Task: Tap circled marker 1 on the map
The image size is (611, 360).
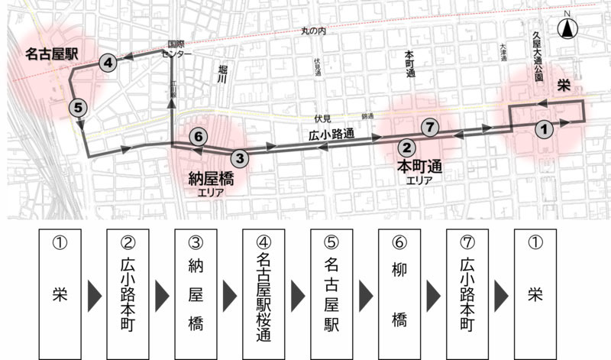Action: (543, 128)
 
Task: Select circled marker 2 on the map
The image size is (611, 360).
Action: (408, 148)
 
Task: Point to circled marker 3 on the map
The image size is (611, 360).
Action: (240, 158)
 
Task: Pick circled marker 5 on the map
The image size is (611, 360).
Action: (78, 108)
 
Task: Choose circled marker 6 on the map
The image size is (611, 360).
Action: (198, 137)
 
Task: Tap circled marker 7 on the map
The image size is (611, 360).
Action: (430, 127)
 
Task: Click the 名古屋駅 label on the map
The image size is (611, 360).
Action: (52, 54)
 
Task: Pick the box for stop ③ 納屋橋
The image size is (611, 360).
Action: (196, 292)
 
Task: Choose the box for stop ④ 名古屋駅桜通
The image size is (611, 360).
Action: (263, 292)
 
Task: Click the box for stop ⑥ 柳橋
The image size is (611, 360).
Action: (399, 292)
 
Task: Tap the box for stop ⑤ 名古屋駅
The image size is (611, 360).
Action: (331, 292)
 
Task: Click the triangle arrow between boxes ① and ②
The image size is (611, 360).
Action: (95, 293)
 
